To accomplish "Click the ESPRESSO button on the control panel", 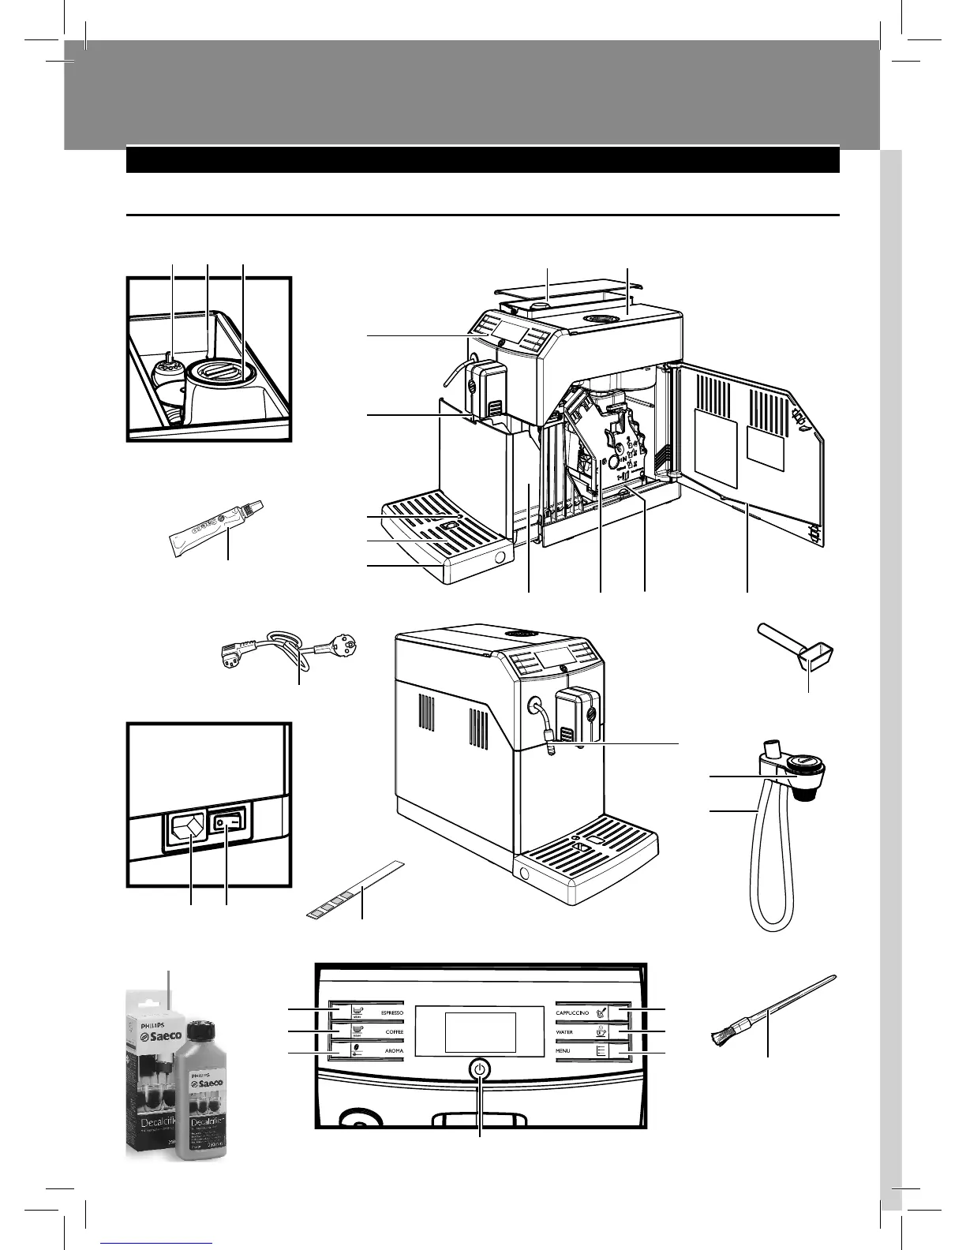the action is [371, 1012].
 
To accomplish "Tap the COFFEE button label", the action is [371, 1031].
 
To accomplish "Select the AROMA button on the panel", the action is [371, 1050].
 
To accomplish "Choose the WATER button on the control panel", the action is [592, 1031].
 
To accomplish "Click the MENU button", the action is [592, 1050].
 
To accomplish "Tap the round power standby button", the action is [480, 1070].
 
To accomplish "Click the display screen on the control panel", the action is [480, 1032].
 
